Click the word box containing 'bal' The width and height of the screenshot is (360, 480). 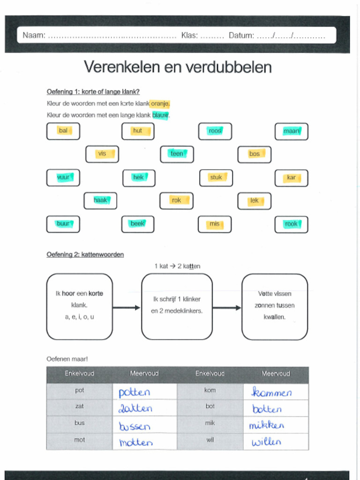pos(63,131)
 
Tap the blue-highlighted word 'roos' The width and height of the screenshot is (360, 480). pos(215,131)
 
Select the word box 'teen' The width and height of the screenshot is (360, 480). pos(177,154)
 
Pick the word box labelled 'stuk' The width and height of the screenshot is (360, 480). pos(216,178)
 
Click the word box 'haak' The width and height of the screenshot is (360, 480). pos(100,201)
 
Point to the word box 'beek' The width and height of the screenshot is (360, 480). pos(137,224)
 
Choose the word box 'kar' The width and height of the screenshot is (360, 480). pos(291,178)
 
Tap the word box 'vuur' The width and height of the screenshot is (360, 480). pos(63,178)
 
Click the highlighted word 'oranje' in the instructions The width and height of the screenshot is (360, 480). pos(160,104)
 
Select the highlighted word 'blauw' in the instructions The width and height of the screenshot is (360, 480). pos(160,115)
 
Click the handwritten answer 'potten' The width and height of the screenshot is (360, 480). pos(135,392)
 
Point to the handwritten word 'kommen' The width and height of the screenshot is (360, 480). pos(271,392)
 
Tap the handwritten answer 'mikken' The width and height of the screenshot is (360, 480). pos(267,425)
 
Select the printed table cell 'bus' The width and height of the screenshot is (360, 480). pos(80,423)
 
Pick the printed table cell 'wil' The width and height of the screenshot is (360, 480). pos(210,440)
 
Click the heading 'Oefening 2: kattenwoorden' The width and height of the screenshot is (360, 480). pos(85,255)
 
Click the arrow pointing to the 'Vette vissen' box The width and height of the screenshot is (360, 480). pos(227,307)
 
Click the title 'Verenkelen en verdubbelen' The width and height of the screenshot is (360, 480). pos(178,67)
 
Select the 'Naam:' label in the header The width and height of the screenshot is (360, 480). pos(34,35)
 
